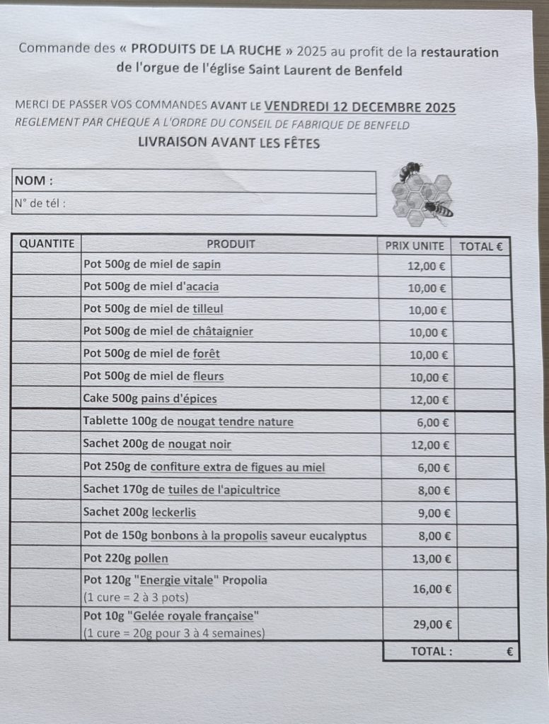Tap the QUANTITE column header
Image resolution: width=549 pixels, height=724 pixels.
47,244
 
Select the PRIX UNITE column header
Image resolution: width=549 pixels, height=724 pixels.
415,246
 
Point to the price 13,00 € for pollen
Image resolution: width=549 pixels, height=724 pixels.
429,559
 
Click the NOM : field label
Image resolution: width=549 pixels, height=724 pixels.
34,181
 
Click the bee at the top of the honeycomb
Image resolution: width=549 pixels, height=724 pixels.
410,170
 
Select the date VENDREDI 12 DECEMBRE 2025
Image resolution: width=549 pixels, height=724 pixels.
360,107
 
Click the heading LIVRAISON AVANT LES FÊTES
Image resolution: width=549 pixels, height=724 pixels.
229,143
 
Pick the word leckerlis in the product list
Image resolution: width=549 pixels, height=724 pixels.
174,512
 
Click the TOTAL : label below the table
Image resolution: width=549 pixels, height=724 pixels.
432,651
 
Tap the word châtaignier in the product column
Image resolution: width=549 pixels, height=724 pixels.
223,331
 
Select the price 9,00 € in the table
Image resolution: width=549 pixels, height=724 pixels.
432,513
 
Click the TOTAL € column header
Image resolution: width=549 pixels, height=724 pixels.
481,247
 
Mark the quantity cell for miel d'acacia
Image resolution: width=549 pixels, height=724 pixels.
47,287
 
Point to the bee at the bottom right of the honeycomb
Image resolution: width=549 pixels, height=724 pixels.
440,209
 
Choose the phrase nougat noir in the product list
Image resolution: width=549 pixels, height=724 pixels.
204,444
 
